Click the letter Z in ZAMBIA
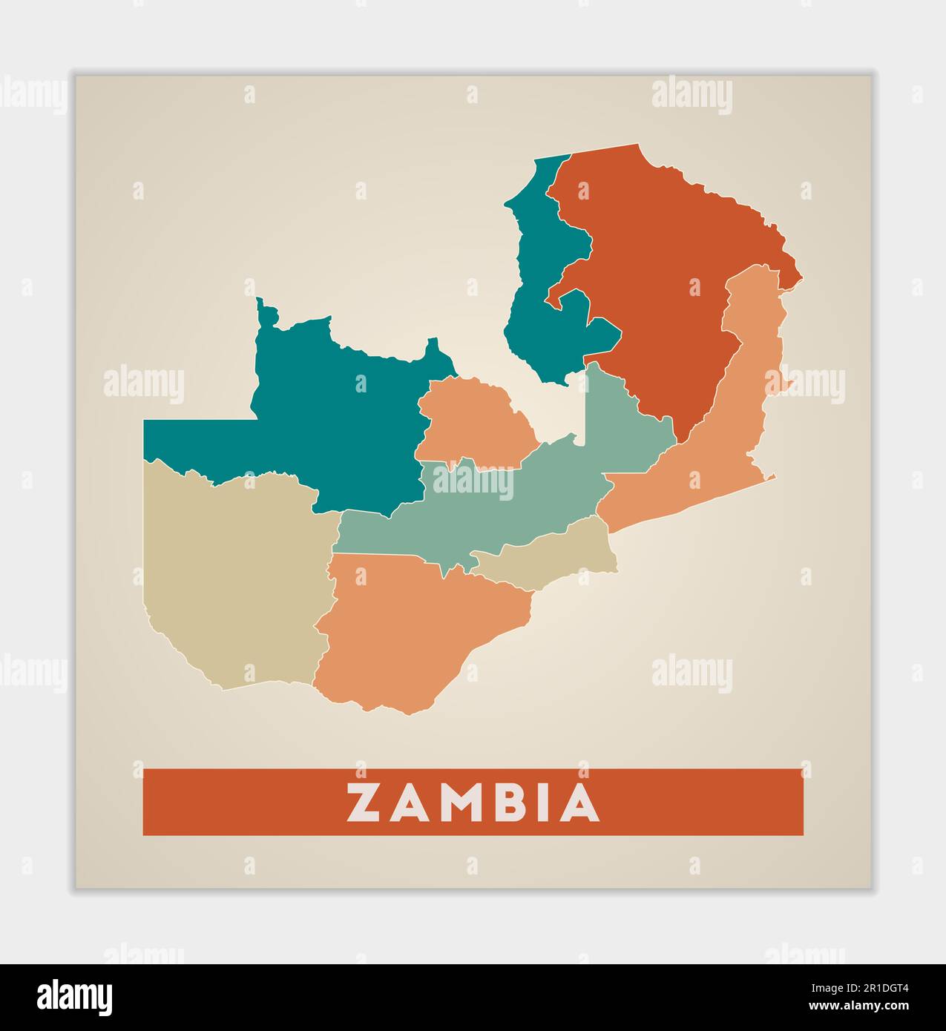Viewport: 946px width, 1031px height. coord(365,803)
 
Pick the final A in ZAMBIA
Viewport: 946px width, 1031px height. coord(579,803)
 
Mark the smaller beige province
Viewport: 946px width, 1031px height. coord(556,553)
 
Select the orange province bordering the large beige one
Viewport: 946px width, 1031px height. coord(415,630)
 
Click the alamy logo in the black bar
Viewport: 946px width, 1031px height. coord(75,997)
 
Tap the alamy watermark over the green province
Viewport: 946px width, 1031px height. coord(473,482)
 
